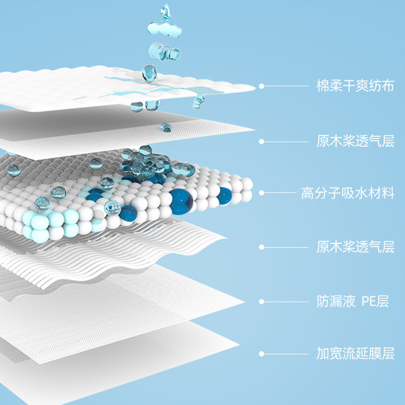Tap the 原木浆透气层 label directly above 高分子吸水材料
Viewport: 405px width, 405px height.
tap(355, 141)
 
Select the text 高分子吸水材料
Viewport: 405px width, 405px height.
tap(347, 193)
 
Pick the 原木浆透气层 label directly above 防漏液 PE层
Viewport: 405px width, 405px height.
tap(355, 247)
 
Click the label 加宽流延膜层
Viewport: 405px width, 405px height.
tap(355, 353)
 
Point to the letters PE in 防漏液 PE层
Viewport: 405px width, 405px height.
tap(368, 302)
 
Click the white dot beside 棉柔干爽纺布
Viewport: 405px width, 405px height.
tap(261, 86)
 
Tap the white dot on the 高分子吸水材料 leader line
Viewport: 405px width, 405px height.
tap(261, 193)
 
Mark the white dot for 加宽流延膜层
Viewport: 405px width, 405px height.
tap(261, 353)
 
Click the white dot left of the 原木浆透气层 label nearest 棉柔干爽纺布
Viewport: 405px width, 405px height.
tap(261, 141)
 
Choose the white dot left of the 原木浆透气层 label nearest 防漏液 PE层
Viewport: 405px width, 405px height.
tap(261, 247)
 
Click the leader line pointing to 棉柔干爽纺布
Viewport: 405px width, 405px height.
tap(286, 86)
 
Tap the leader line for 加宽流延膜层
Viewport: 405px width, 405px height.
tap(286, 353)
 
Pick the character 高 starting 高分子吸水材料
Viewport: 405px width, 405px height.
tap(307, 193)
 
